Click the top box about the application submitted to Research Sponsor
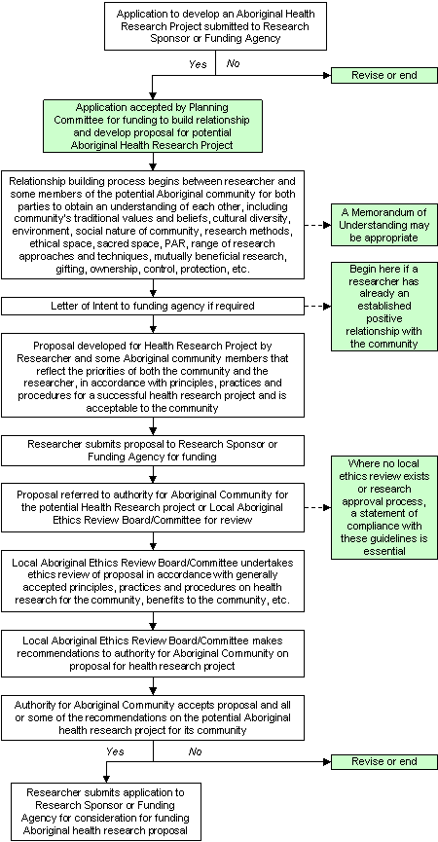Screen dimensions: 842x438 coord(213,26)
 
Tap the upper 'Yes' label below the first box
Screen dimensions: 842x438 coord(198,63)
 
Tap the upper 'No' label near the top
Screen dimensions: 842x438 coord(233,63)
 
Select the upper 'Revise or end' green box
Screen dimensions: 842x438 coord(381,76)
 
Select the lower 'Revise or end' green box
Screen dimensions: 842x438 coord(381,760)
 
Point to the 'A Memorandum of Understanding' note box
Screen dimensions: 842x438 coord(381,225)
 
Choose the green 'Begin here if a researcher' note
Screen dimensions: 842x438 coord(381,305)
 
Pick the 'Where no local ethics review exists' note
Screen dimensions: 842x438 coord(381,507)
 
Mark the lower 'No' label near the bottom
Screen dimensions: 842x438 coord(195,750)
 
